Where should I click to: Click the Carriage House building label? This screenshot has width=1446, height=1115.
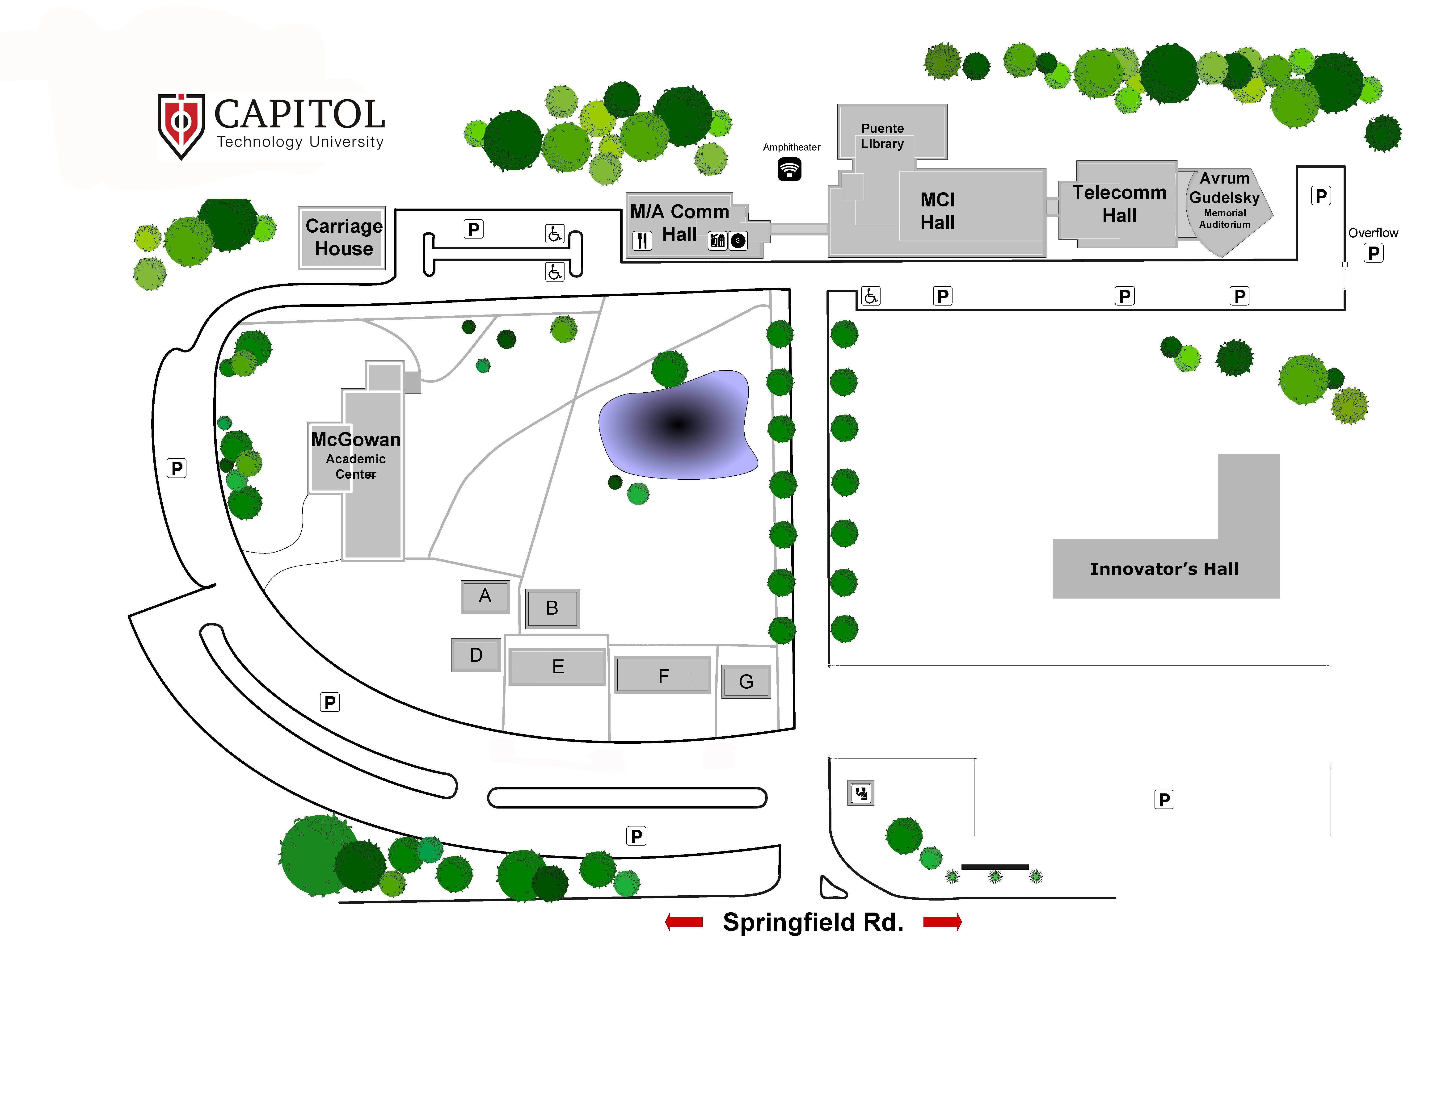(344, 237)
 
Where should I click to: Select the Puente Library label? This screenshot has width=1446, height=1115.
(882, 136)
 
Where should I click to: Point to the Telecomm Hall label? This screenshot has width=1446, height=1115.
(1119, 204)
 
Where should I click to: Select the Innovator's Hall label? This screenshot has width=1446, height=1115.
(1164, 569)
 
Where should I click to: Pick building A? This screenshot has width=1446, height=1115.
(485, 597)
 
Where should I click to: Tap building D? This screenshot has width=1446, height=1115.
(476, 655)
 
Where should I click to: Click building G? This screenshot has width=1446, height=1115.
(746, 682)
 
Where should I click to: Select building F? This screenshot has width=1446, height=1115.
(663, 675)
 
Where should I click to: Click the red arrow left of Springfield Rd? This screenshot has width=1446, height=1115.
(684, 922)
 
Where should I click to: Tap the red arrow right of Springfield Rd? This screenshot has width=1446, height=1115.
(942, 922)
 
